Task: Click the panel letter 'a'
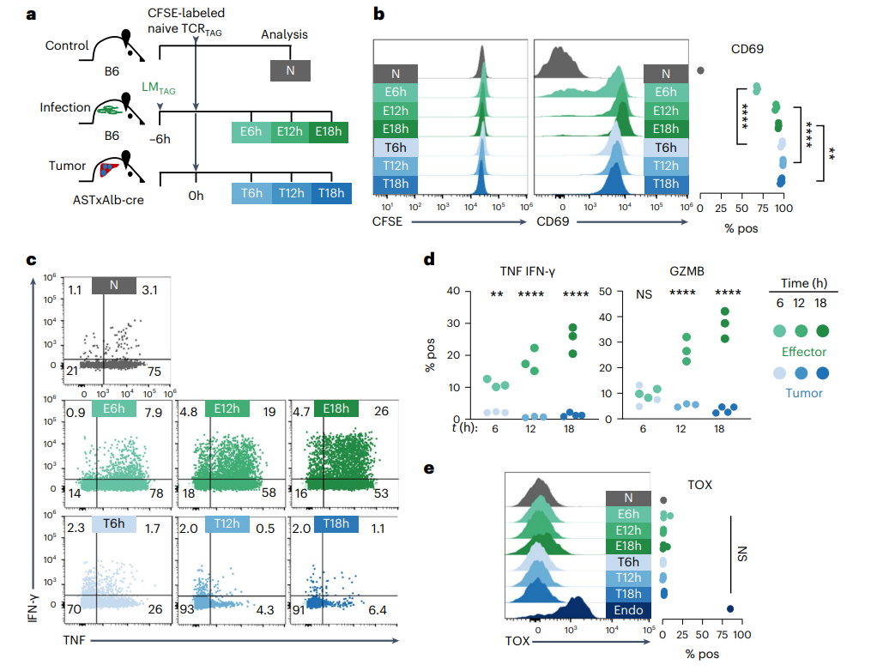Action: tap(31, 14)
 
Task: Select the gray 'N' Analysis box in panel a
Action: tap(290, 70)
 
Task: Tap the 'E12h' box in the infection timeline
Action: tap(290, 132)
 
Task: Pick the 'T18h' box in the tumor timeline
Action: tap(331, 193)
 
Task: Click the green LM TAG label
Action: tap(158, 88)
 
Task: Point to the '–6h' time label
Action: tap(160, 139)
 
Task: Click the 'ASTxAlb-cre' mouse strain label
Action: tap(108, 200)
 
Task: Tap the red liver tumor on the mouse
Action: tap(110, 169)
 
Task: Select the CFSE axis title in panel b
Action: tap(388, 221)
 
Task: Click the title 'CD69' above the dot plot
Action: tap(747, 49)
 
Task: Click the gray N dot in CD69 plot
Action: tap(700, 70)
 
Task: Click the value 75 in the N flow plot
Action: tap(154, 372)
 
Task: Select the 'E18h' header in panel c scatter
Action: tap(336, 408)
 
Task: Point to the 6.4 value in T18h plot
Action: tap(378, 610)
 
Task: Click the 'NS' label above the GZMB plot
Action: tap(644, 294)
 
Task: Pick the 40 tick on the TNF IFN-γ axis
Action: tap(453, 291)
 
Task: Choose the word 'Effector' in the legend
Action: tap(803, 352)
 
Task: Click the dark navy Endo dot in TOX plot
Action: tap(730, 609)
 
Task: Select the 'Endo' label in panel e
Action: tap(628, 610)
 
